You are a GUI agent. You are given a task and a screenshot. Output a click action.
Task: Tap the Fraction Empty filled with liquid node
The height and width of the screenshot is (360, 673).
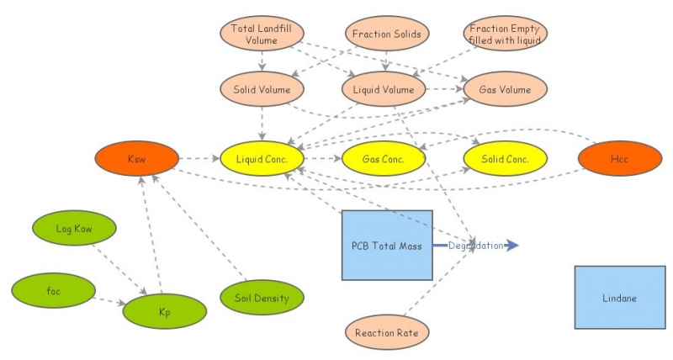click(505, 34)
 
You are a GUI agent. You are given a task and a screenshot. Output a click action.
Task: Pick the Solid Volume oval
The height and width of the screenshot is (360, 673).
click(262, 89)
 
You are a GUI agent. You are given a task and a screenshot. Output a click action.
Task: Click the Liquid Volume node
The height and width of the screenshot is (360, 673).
click(384, 89)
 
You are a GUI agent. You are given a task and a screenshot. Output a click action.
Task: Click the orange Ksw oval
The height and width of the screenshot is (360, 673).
click(137, 158)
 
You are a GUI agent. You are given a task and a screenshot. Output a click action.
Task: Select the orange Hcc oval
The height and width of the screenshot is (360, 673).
click(620, 158)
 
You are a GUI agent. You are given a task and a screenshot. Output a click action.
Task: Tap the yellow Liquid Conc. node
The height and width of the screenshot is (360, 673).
click(262, 158)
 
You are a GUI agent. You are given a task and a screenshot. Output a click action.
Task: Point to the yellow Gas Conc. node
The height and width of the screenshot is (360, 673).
click(384, 158)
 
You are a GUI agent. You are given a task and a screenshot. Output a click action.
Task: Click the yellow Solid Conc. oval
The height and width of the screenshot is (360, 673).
click(505, 158)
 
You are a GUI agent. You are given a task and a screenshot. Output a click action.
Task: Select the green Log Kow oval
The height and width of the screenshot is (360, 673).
click(74, 228)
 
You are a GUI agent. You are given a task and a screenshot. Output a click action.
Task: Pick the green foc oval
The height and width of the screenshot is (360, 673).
click(53, 291)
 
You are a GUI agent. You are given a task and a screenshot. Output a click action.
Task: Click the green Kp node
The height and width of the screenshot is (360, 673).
click(164, 310)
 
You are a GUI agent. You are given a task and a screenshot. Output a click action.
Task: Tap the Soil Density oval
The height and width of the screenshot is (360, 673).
click(262, 298)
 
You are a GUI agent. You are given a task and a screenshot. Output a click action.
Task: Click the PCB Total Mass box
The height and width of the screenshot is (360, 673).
click(387, 246)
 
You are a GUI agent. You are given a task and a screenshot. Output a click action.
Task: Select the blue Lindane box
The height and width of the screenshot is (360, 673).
click(620, 298)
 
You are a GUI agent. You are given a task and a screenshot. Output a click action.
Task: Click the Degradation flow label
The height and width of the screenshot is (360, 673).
click(475, 246)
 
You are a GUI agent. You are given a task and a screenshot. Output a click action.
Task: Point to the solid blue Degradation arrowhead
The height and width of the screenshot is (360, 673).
click(513, 246)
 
